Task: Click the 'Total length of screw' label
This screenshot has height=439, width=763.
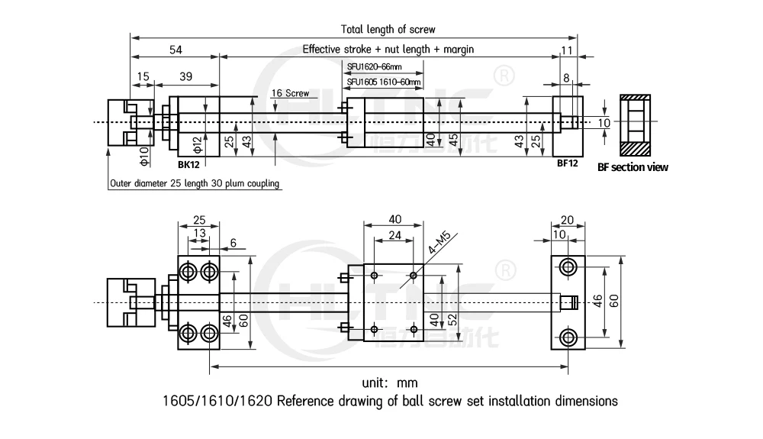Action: pos(388,29)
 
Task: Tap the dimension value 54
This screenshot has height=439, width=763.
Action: pos(175,50)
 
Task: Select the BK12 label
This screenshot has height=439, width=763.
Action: pos(188,164)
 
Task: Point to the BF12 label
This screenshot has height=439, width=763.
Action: pos(567,163)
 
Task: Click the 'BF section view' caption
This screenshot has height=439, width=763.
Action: pos(633,166)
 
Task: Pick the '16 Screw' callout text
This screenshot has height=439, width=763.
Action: pos(290,93)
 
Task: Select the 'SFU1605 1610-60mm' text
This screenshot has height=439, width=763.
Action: pos(383,82)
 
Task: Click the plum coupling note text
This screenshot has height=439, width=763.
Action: pos(195,183)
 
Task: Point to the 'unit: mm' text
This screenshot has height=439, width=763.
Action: pos(389,382)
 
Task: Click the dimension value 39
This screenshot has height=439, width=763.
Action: pos(185,76)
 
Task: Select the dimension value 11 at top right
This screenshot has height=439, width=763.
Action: pos(566,50)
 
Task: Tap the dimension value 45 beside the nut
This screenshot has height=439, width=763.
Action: pos(453,139)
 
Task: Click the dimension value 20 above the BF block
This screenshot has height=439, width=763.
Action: pos(567,219)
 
